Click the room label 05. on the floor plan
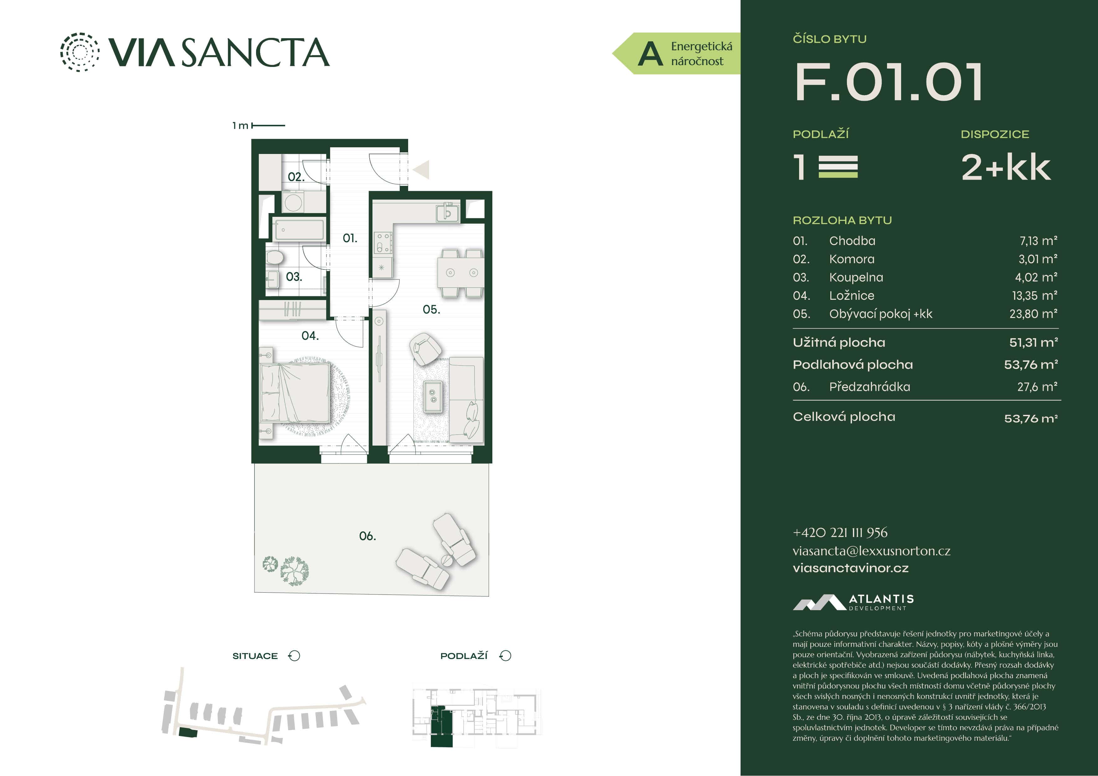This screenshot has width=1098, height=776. (x=431, y=310)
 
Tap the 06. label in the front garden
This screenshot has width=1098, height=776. (x=367, y=536)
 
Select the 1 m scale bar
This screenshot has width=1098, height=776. (x=268, y=125)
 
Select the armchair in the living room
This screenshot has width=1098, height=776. (x=425, y=348)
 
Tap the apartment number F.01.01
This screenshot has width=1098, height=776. (x=889, y=82)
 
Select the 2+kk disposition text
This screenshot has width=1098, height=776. (x=1006, y=168)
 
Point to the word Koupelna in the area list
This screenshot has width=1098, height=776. (x=856, y=277)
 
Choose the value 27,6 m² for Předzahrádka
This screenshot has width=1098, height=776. (x=1037, y=387)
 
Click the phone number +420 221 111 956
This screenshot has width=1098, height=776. (x=840, y=533)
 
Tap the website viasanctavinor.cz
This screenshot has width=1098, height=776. (x=850, y=568)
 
